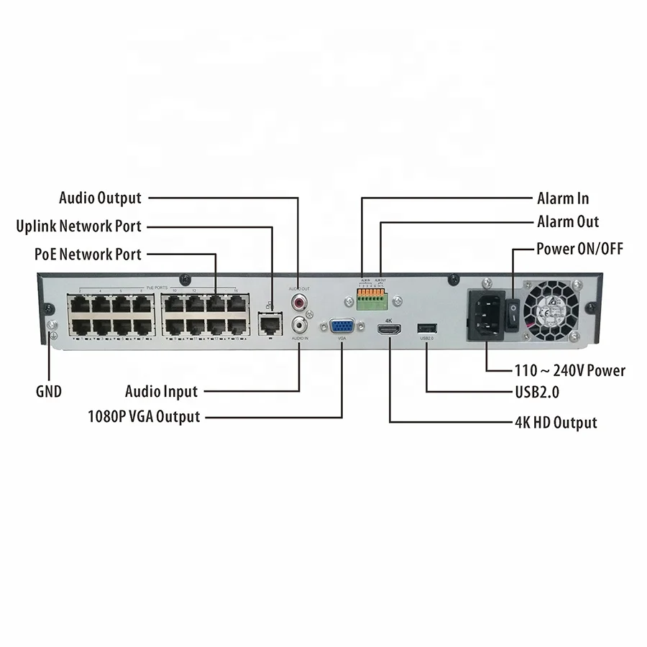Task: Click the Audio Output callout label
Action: (x=100, y=198)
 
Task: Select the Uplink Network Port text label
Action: (x=79, y=226)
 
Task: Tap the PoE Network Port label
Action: (x=88, y=254)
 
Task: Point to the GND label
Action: (x=48, y=392)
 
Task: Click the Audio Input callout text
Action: (x=161, y=392)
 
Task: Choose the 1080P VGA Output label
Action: (x=143, y=416)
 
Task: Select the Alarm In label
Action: (x=563, y=198)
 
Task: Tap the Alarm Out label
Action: (x=567, y=221)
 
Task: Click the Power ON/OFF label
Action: (x=579, y=249)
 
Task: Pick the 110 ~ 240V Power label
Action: (x=570, y=371)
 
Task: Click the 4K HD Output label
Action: (x=556, y=423)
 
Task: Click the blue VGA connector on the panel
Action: (x=341, y=327)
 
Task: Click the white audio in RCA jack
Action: (x=299, y=323)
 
